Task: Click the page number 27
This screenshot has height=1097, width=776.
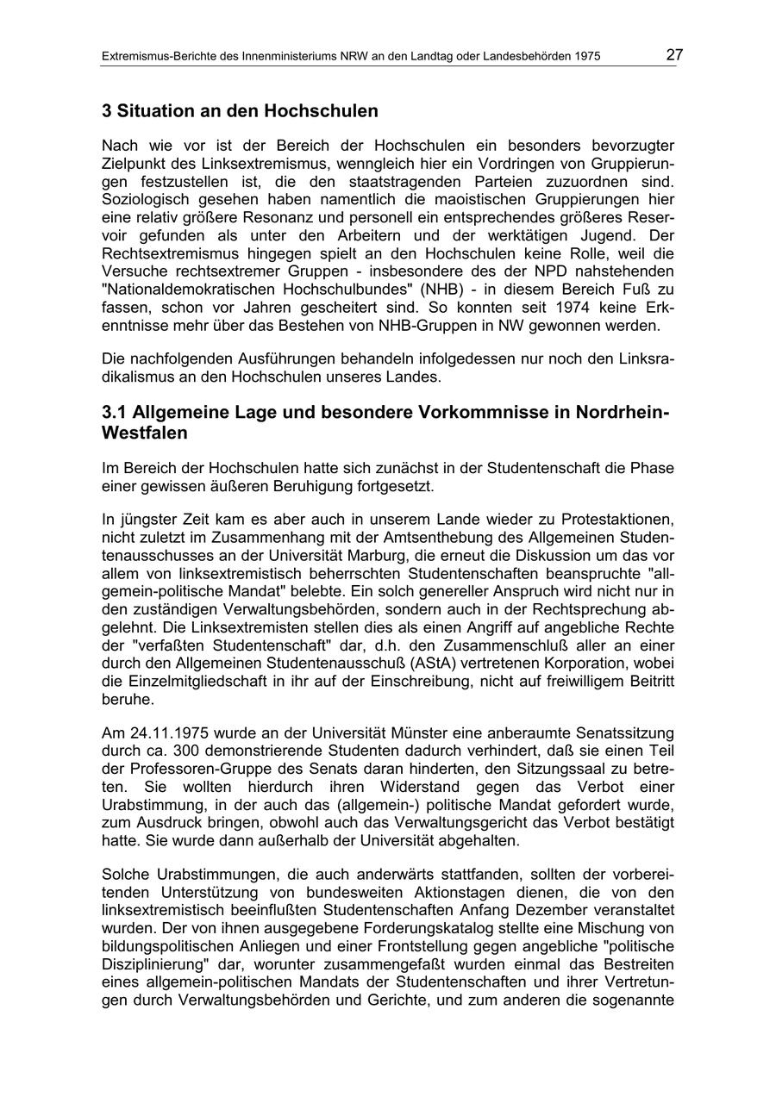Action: click(674, 55)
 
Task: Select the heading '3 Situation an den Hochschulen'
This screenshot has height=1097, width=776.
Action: click(240, 111)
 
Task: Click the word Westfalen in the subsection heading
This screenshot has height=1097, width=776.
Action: click(144, 433)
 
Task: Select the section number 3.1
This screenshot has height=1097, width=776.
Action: click(116, 412)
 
